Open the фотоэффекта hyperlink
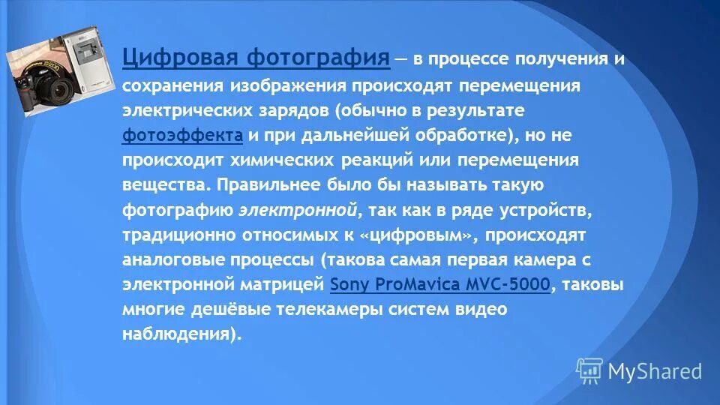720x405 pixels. (x=182, y=136)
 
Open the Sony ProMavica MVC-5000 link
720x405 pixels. (x=440, y=284)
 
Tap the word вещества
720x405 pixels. (x=165, y=185)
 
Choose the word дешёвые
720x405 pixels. (x=213, y=309)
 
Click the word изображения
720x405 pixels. (x=280, y=86)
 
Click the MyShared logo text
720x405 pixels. (x=655, y=371)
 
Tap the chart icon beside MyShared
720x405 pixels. (x=589, y=370)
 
